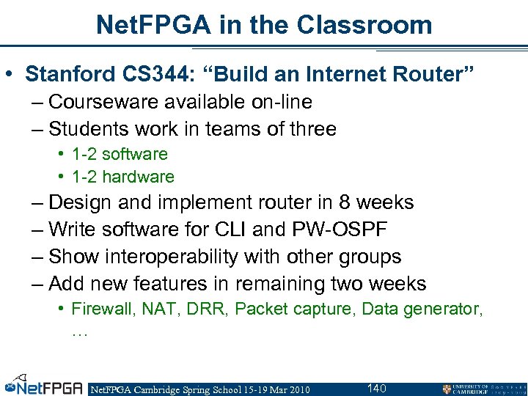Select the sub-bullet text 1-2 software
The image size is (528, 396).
tap(120, 154)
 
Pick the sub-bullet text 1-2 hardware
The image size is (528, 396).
tap(122, 177)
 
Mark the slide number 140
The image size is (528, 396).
tap(376, 388)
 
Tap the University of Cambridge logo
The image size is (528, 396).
tap(481, 389)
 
